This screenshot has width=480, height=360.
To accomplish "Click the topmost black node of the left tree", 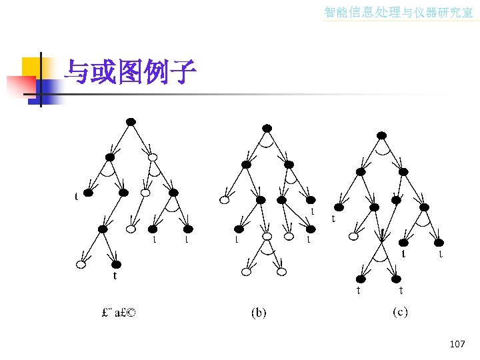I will pos(131,121).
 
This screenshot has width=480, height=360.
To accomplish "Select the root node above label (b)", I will pos(267,128).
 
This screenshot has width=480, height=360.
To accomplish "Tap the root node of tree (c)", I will pos(381,135).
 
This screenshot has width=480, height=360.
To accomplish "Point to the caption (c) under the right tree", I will pos(400,311).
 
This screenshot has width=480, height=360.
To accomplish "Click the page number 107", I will pos(457,344).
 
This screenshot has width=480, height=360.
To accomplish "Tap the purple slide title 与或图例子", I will pos(129,72).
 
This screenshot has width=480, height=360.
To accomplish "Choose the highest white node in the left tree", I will pos(153,157).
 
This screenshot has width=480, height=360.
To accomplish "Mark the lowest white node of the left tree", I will pos(81,265).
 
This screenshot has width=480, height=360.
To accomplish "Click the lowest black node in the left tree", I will pos(116,264).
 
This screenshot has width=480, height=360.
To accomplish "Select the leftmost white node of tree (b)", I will pos(225,200).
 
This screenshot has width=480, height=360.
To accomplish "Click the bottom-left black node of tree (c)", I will pos(361,279).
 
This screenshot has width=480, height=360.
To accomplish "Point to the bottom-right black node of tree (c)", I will pos(396,279).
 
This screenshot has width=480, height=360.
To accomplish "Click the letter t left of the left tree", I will pos(76,197).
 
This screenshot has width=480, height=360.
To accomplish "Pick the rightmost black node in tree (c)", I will pos(439,242).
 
